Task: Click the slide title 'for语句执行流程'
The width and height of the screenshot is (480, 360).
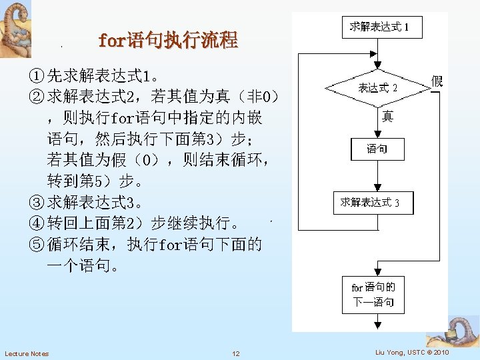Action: (x=167, y=41)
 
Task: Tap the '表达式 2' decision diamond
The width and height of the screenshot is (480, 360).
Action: (x=377, y=88)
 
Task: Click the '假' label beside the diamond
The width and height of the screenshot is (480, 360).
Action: (x=437, y=81)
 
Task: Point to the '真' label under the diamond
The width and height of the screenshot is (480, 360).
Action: (x=387, y=117)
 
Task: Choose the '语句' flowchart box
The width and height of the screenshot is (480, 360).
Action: (x=377, y=149)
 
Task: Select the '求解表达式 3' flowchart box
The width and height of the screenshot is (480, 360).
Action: (x=373, y=203)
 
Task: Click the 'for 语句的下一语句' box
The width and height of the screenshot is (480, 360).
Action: (x=373, y=295)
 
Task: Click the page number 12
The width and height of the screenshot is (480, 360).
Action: (x=236, y=353)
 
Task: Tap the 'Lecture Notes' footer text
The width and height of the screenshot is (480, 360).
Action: (x=27, y=353)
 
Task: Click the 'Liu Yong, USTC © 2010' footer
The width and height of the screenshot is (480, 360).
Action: (x=412, y=352)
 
